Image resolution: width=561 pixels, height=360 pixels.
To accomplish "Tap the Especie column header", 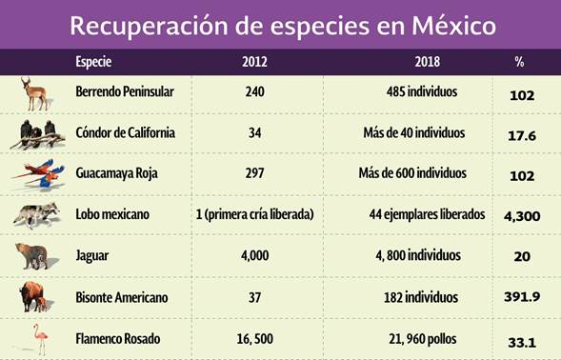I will click(x=93, y=63).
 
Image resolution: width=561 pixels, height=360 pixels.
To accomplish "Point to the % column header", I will click(x=519, y=63).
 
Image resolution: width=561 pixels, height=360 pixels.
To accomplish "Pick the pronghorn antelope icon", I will click(x=37, y=94).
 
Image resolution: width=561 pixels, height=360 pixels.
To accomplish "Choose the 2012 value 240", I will click(x=254, y=93).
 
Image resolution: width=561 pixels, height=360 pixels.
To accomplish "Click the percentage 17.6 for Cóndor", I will click(x=522, y=136).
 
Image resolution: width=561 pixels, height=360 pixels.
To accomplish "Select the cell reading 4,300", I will click(x=522, y=216).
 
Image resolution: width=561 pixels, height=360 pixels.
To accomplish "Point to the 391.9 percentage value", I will click(x=522, y=297).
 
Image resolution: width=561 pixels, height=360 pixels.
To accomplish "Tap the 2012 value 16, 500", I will click(x=254, y=338).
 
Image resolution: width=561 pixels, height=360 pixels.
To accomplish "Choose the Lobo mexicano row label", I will click(x=112, y=215).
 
